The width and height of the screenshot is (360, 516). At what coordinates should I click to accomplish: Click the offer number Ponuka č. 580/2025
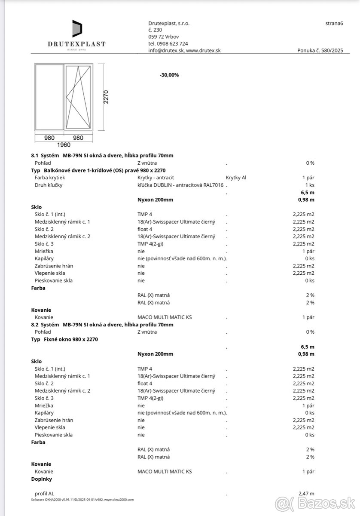(x=320, y=50)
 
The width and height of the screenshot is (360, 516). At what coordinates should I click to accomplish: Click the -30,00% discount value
(x=169, y=75)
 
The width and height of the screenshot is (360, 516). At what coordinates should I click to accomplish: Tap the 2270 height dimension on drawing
(x=106, y=97)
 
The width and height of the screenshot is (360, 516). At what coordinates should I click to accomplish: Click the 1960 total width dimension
(x=64, y=144)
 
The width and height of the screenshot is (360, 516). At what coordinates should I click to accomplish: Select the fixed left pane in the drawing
(x=49, y=97)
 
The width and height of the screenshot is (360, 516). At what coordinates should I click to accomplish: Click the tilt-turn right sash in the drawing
(x=78, y=97)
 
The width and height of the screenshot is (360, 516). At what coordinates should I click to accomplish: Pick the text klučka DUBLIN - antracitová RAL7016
(x=180, y=185)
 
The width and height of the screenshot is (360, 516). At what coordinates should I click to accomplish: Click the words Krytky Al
(x=236, y=177)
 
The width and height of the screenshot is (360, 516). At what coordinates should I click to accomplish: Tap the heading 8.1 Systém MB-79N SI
(x=102, y=155)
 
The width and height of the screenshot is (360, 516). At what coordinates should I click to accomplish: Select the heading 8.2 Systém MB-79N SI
(x=102, y=325)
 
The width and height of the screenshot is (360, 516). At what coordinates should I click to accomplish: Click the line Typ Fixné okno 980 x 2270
(x=65, y=339)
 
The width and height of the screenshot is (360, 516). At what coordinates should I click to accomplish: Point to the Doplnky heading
(x=42, y=479)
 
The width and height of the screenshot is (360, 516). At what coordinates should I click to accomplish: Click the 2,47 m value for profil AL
(x=306, y=493)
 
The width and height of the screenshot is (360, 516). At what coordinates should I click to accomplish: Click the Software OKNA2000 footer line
(x=82, y=500)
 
